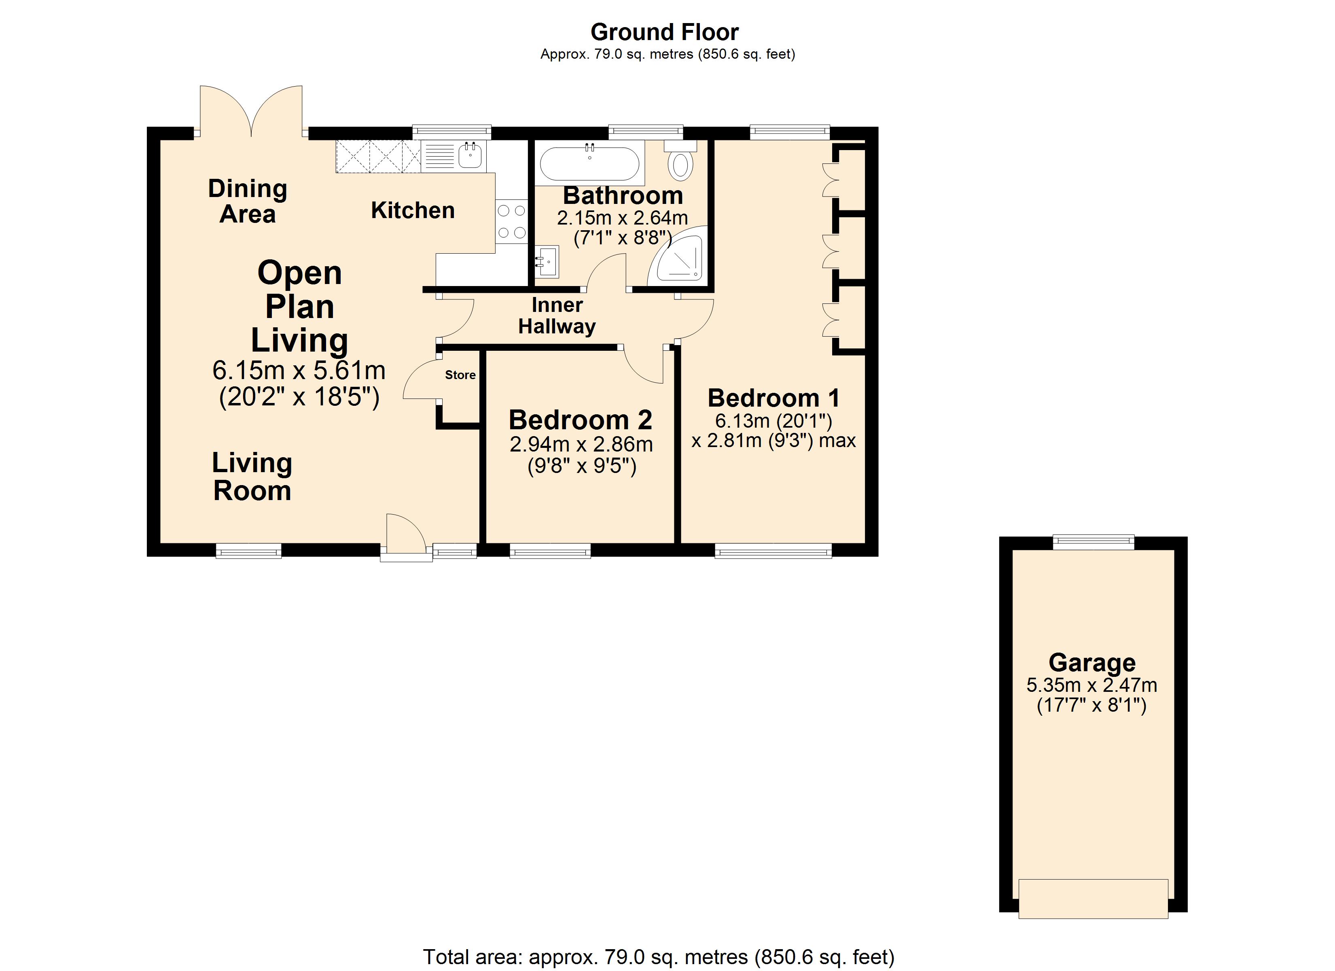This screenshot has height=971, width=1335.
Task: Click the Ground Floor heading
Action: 665,32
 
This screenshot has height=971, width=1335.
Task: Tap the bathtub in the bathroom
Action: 589,163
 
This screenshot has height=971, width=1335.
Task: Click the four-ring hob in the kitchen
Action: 511,221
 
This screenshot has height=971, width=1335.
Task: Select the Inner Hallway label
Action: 557,316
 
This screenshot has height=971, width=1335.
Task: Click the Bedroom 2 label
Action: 581,420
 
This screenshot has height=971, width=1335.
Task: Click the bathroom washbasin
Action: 547,261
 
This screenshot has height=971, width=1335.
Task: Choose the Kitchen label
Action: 413,210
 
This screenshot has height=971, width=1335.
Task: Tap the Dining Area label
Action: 248,201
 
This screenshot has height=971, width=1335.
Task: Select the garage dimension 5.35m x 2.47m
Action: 1092,685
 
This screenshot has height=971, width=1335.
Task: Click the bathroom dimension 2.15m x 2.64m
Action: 622,218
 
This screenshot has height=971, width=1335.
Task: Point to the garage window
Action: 1093,542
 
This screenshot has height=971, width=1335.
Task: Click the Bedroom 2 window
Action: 550,551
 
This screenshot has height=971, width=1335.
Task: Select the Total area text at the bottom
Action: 659,957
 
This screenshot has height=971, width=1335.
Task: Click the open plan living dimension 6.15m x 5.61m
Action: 299,370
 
